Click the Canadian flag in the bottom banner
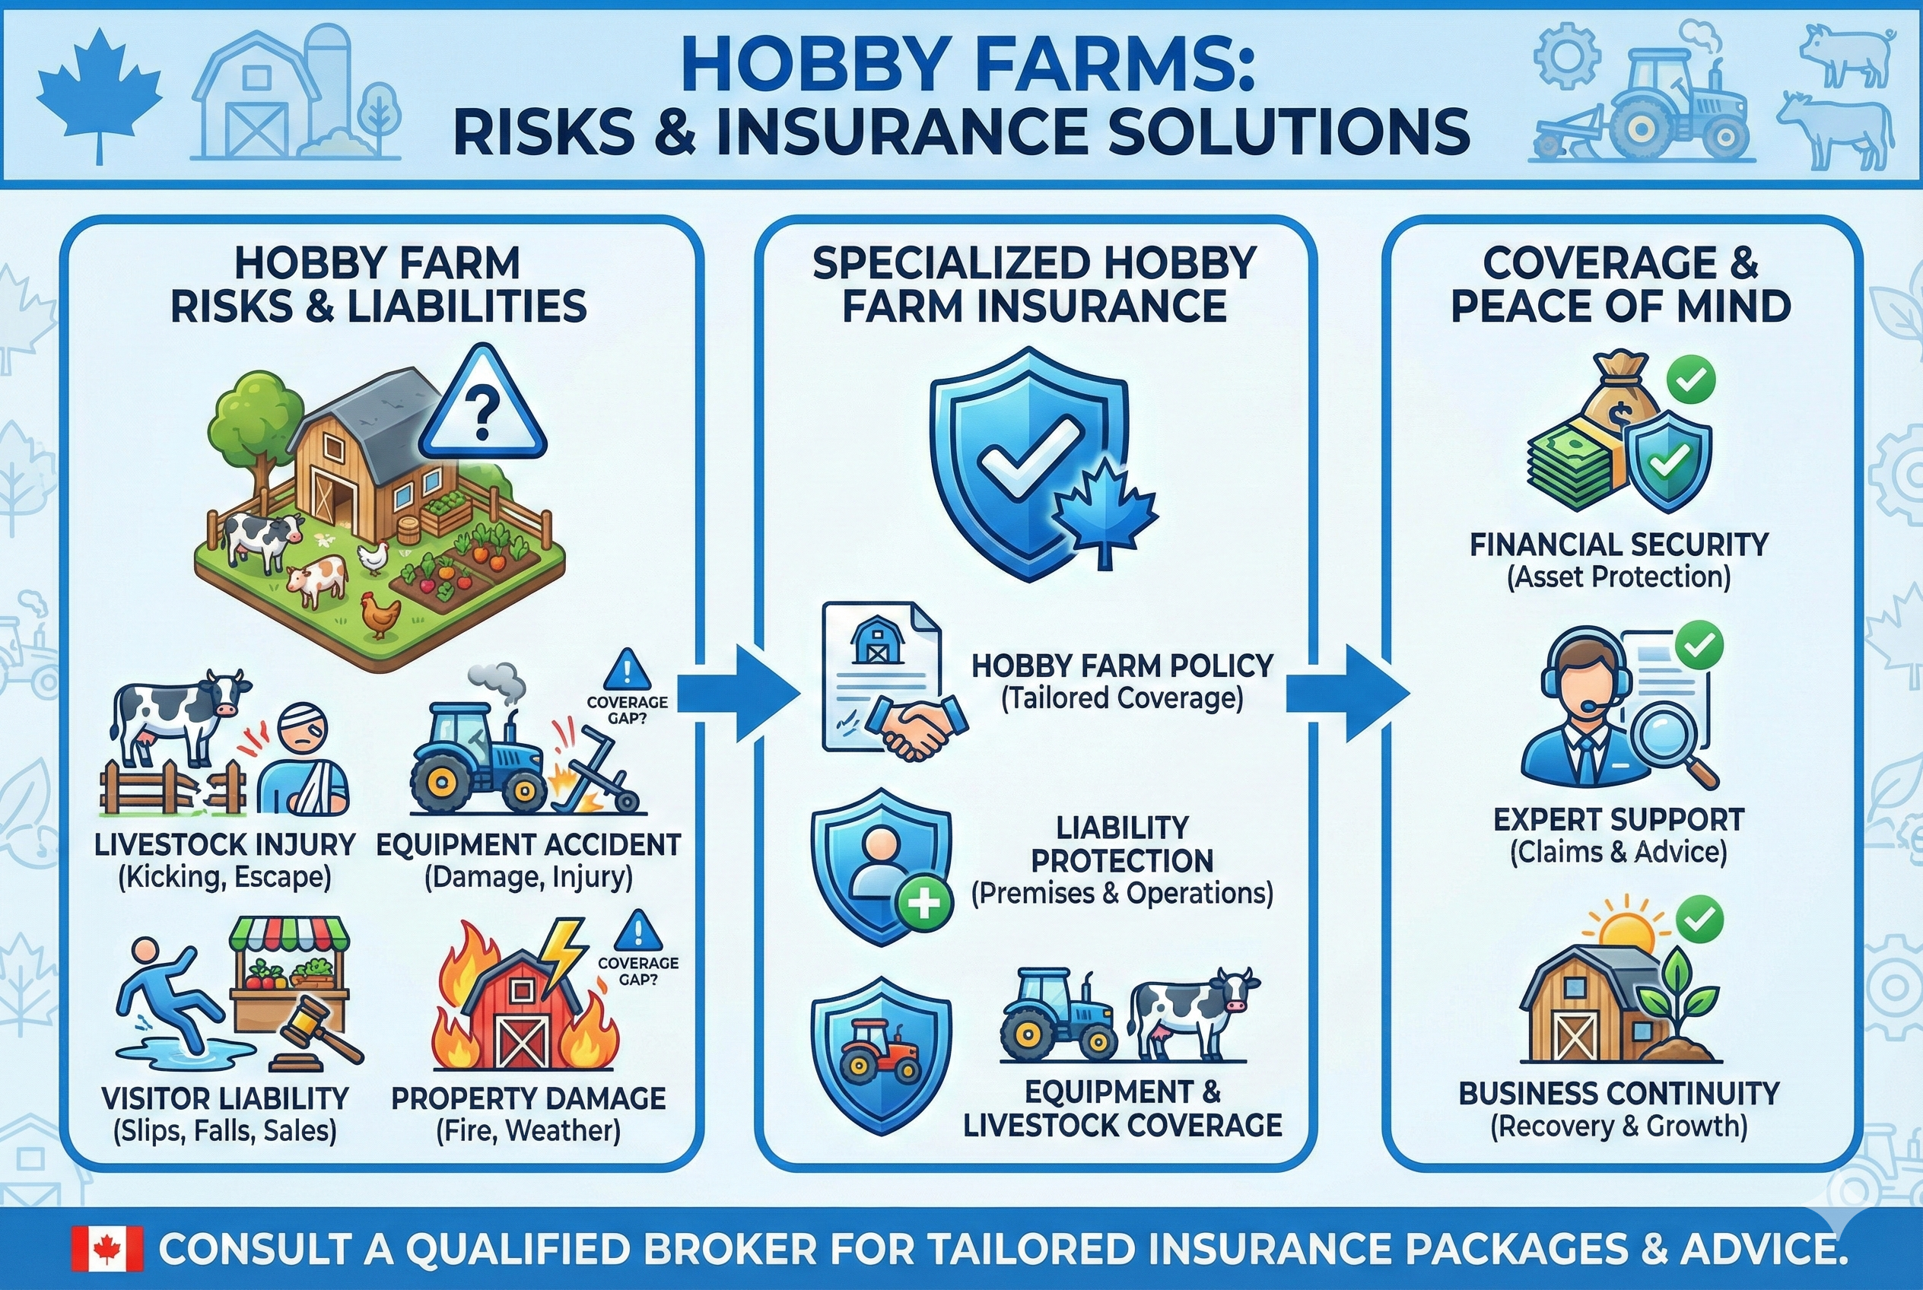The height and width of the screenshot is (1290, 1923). [x=107, y=1249]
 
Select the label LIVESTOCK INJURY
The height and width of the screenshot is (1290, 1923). [x=224, y=844]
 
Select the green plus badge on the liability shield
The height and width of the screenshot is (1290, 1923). [x=925, y=904]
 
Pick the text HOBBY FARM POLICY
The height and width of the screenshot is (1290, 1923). [x=1121, y=666]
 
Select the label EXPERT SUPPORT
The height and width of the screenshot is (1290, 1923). [x=1618, y=819]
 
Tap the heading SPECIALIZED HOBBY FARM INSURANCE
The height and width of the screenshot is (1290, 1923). [x=1034, y=284]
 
